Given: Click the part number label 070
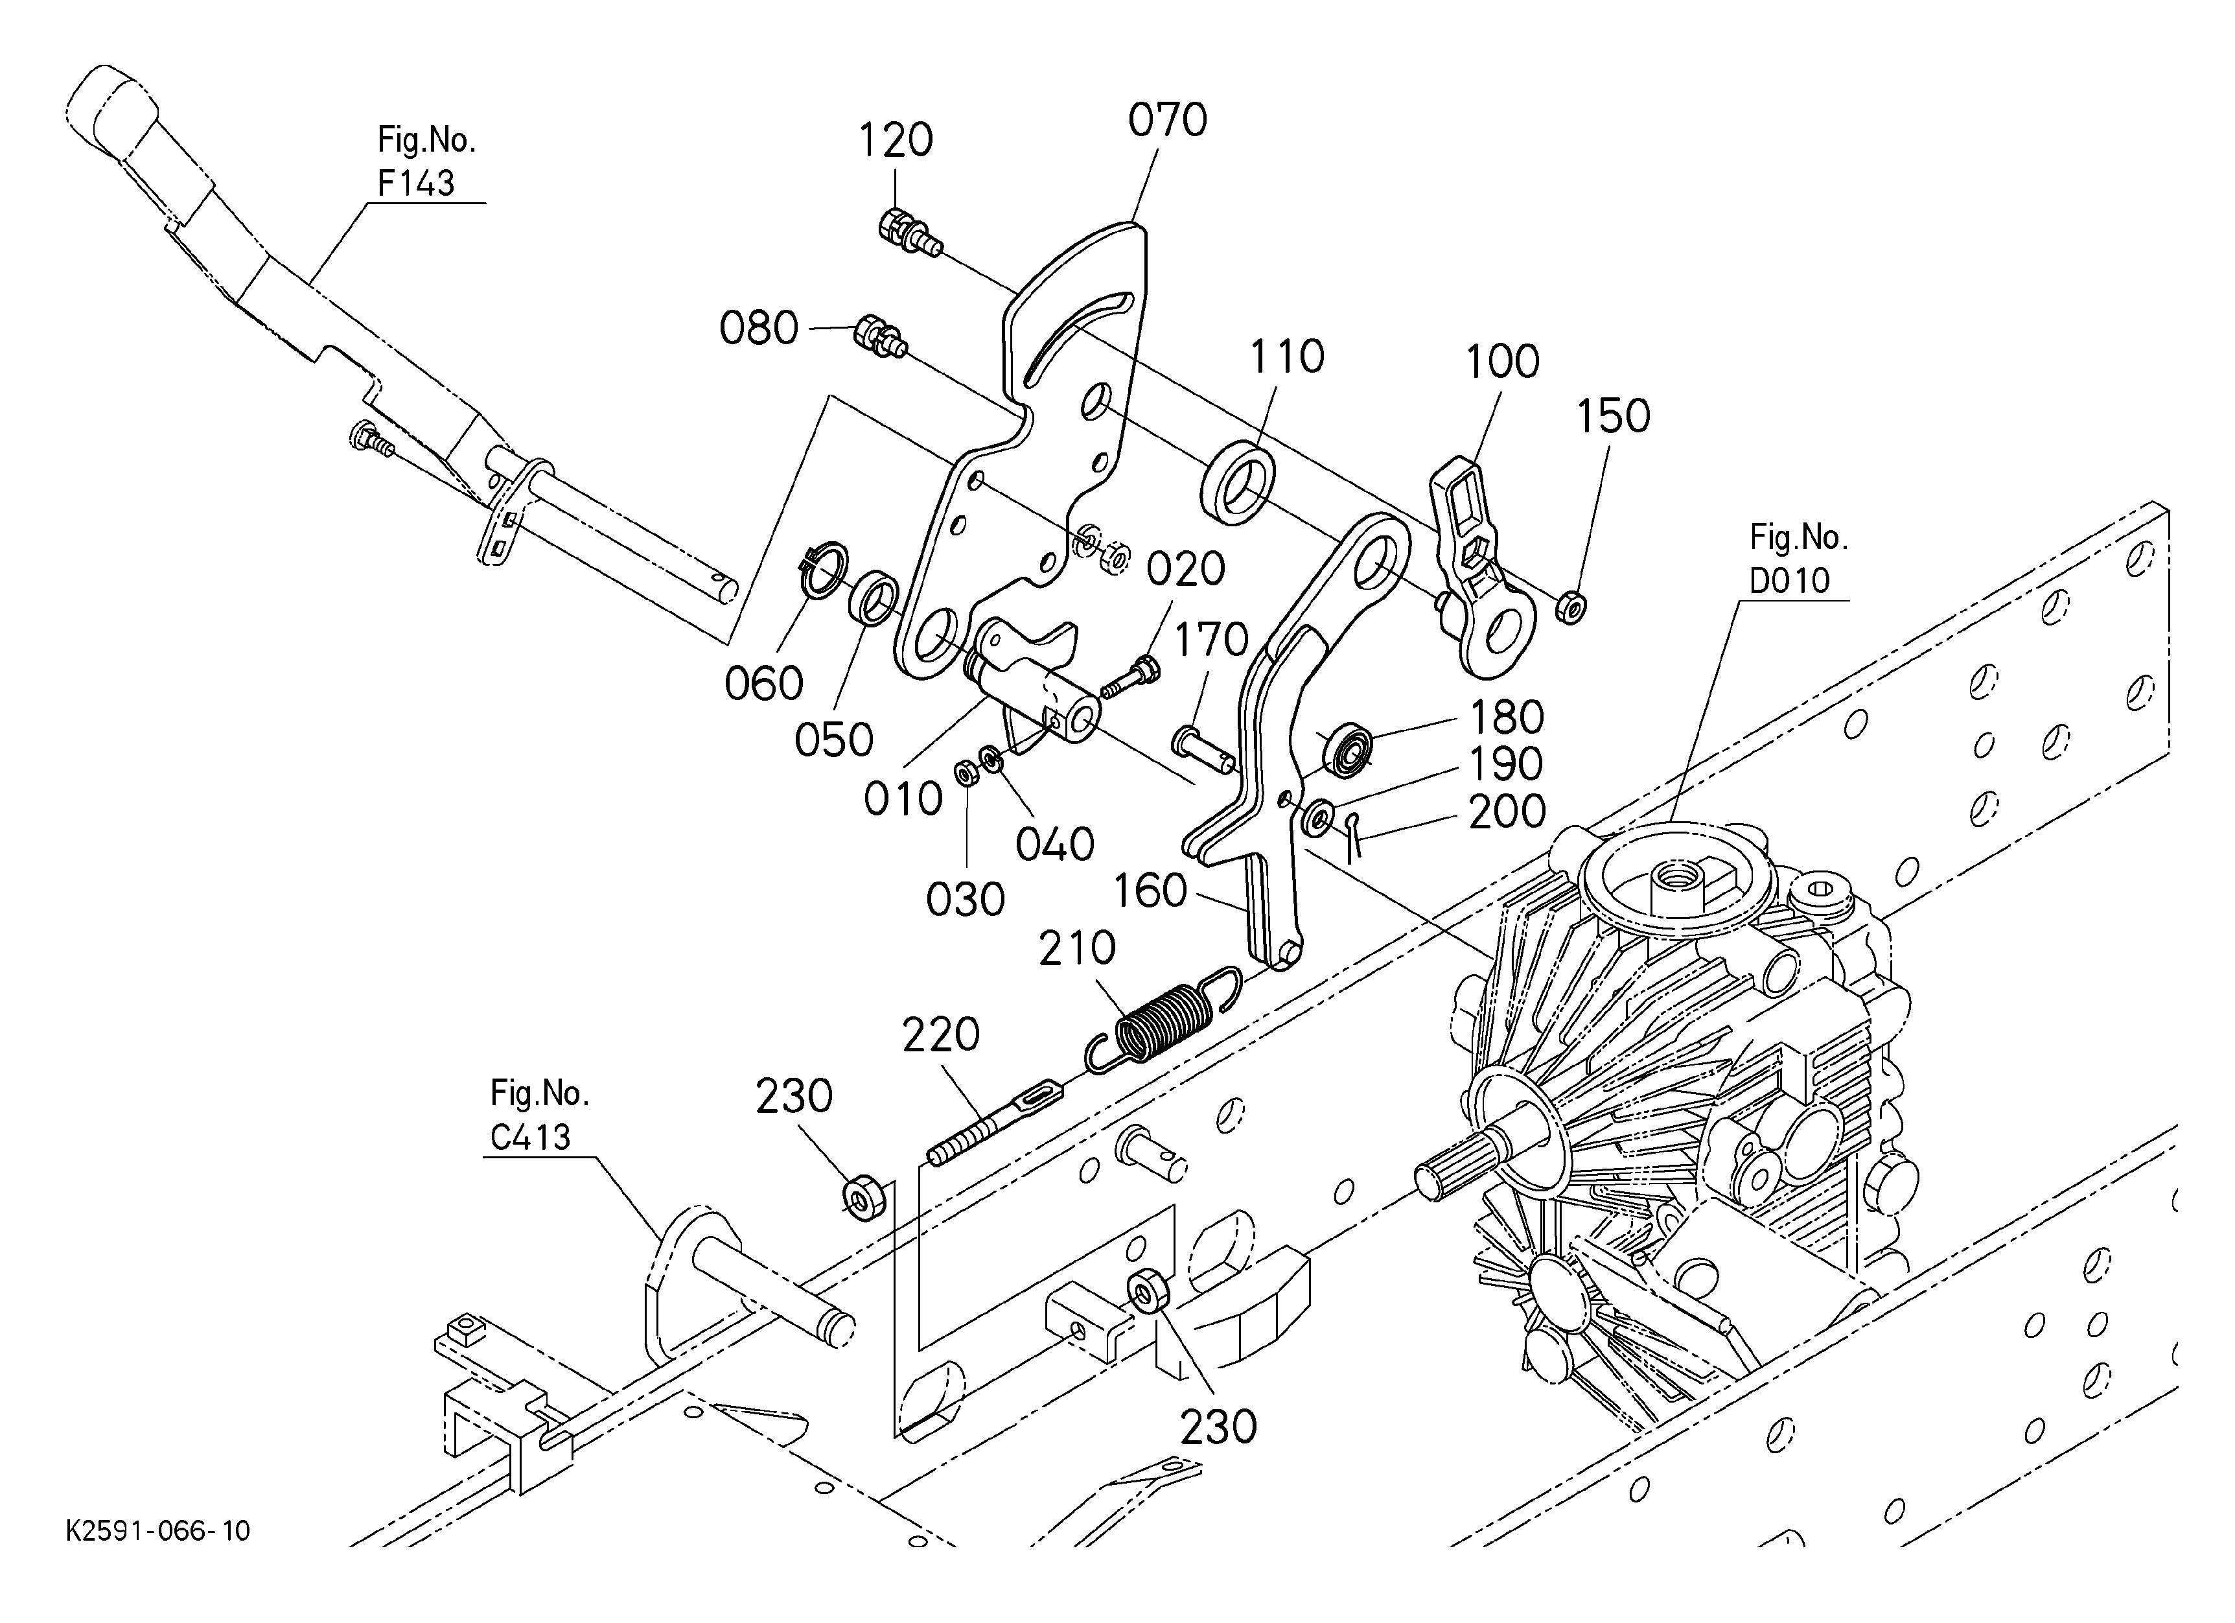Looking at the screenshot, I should click(1168, 120).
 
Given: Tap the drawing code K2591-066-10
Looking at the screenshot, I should click(157, 1530).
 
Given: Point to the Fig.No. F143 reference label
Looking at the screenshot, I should click(426, 161).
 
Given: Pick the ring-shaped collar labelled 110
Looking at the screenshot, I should click(1239, 480).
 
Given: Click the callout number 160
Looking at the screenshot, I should click(1150, 891).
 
